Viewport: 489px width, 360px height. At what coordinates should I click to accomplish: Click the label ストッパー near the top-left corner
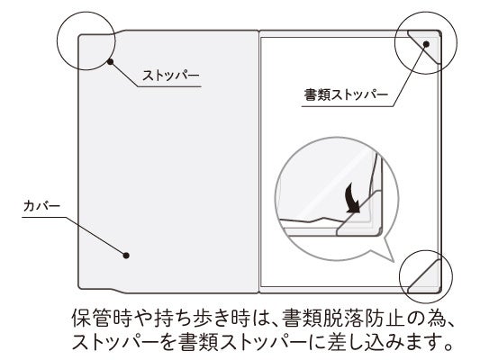pyautogui.click(x=170, y=76)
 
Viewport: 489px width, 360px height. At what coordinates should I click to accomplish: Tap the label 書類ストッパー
pyautogui.click(x=346, y=95)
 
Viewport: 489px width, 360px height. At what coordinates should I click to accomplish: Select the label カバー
pyautogui.click(x=41, y=206)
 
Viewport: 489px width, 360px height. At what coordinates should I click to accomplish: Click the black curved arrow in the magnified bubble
pyautogui.click(x=352, y=199)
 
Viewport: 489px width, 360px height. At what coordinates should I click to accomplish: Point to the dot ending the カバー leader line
pyautogui.click(x=126, y=256)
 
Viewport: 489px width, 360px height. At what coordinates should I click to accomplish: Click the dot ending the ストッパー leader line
pyautogui.click(x=110, y=62)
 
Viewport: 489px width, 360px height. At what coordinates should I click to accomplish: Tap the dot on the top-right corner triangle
pyautogui.click(x=427, y=44)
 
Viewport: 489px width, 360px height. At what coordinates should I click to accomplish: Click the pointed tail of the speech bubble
pyautogui.click(x=391, y=255)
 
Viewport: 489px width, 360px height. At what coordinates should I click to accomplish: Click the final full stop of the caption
pyautogui.click(x=448, y=346)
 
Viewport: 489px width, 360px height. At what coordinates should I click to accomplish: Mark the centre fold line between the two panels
pyautogui.click(x=258, y=162)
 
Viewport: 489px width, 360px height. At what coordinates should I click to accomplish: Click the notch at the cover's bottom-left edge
pyautogui.click(x=119, y=291)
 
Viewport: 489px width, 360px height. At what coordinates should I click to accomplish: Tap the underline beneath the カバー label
pyautogui.click(x=44, y=217)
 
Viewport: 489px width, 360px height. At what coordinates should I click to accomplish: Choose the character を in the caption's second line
pyautogui.click(x=168, y=342)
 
